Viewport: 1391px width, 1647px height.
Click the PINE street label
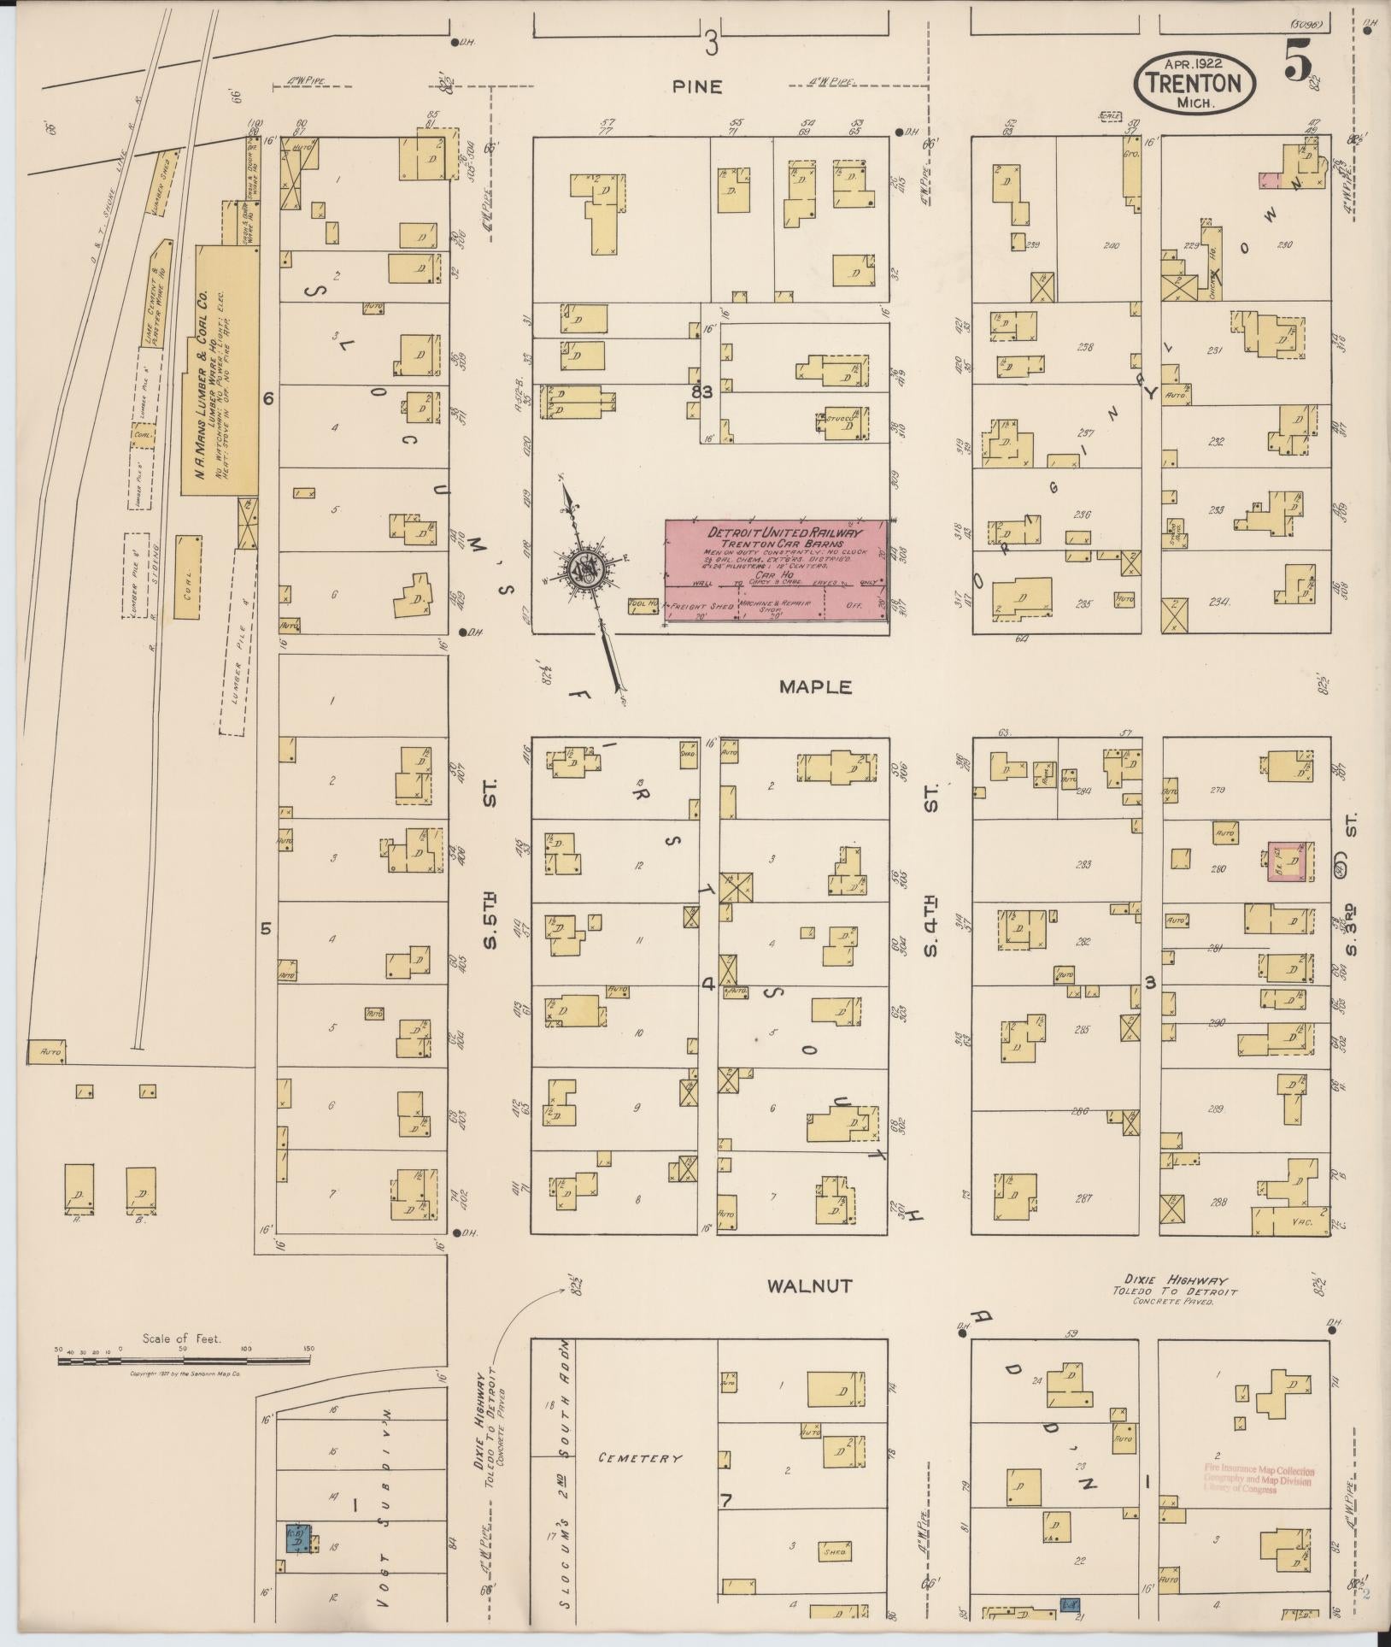coord(696,86)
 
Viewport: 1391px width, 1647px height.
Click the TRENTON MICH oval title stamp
coord(1194,82)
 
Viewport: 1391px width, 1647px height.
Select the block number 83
coord(702,391)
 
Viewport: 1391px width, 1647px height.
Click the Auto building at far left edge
coord(46,1052)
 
